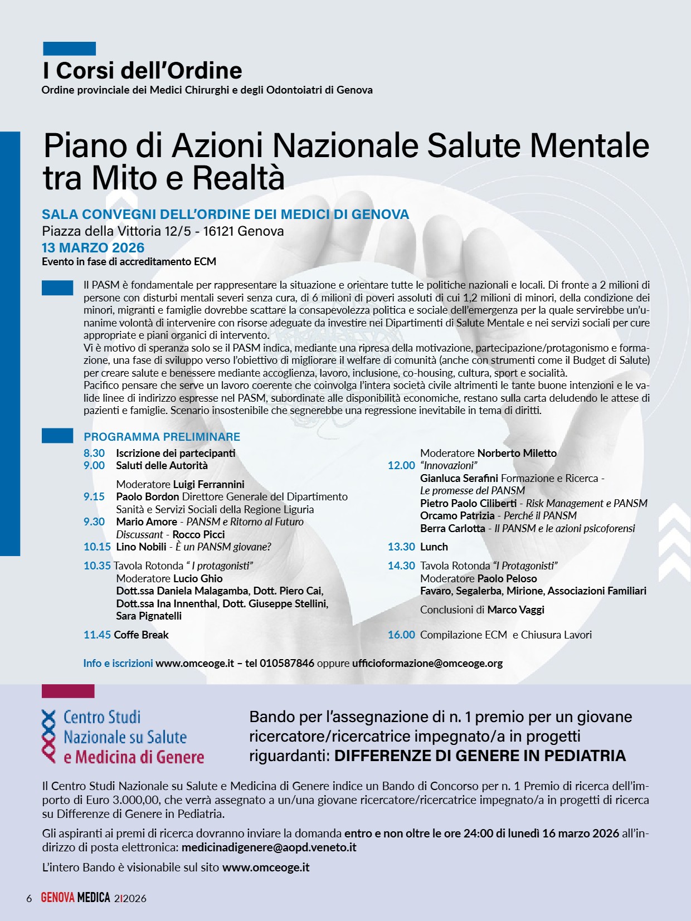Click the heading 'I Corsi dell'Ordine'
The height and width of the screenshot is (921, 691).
(142, 71)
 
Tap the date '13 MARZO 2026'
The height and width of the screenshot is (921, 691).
(93, 248)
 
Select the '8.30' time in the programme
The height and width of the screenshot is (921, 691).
(94, 453)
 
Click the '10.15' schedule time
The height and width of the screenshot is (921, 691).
(97, 547)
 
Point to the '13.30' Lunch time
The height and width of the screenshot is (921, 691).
(401, 547)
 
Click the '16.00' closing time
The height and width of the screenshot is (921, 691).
(401, 635)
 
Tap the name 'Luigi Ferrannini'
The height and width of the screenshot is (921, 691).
(208, 484)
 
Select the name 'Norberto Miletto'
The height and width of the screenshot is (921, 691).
(517, 453)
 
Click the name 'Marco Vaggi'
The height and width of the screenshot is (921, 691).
(515, 610)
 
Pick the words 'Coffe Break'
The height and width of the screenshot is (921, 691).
(141, 635)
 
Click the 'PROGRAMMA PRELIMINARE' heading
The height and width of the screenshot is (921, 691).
(162, 437)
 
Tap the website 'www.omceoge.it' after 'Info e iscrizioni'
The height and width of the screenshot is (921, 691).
(194, 663)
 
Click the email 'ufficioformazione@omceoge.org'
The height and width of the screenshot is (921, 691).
(427, 663)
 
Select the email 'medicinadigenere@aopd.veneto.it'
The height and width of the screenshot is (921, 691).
(269, 847)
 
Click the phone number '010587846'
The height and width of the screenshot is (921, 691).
(287, 663)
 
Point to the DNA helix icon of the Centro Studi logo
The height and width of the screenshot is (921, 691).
(49, 736)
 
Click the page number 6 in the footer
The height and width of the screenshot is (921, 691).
(29, 898)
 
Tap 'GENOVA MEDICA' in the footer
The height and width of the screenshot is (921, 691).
(75, 898)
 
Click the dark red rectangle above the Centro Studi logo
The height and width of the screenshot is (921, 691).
(68, 691)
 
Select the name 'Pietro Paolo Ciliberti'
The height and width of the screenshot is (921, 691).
(468, 503)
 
